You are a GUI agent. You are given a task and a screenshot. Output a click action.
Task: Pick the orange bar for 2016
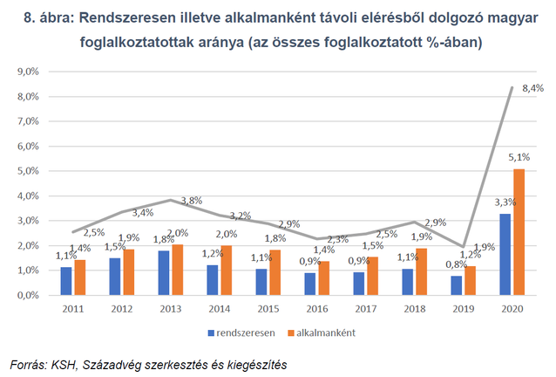322,278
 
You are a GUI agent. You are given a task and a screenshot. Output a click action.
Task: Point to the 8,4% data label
532,88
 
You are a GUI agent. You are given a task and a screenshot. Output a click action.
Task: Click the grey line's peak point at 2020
512,88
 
